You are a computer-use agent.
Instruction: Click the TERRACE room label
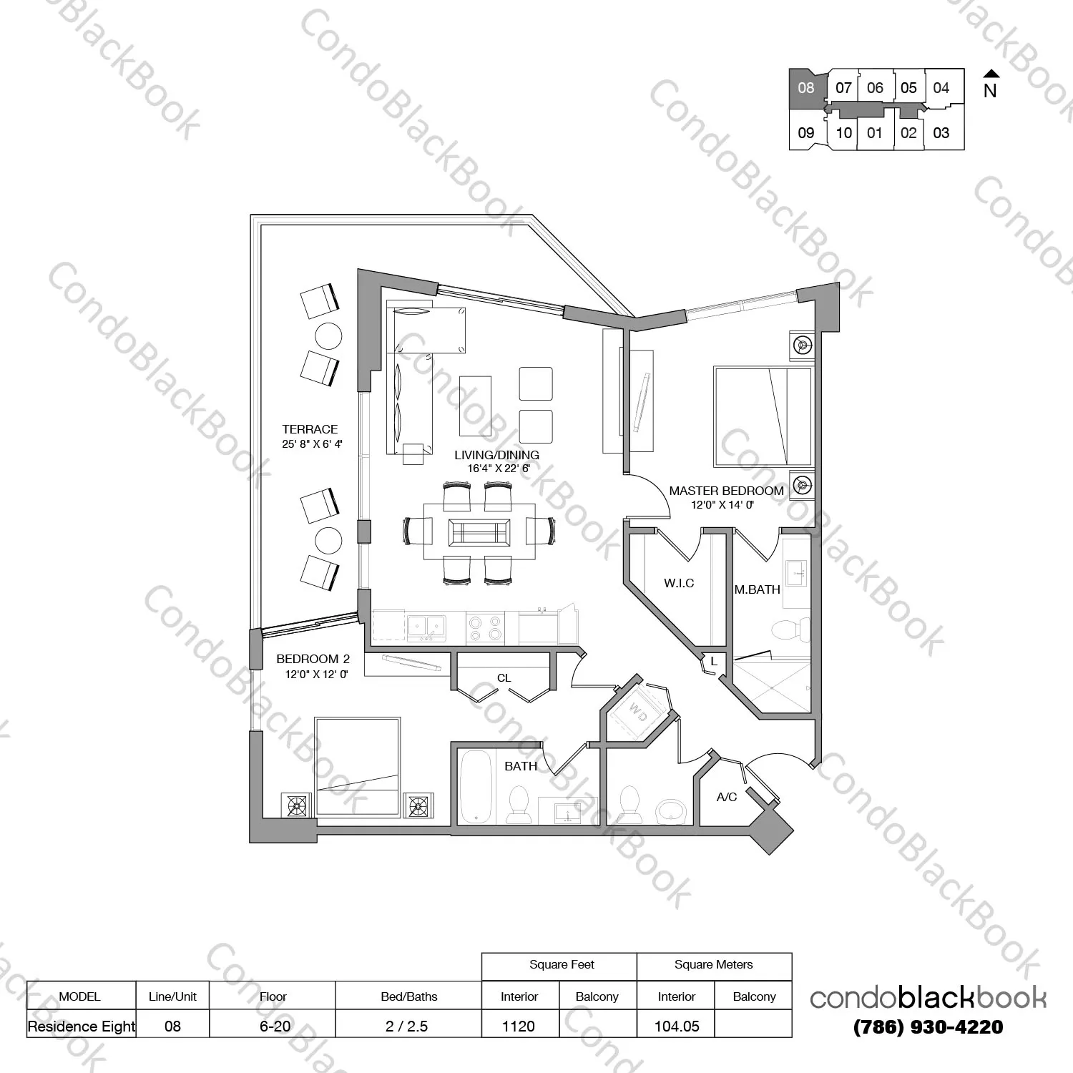coord(310,429)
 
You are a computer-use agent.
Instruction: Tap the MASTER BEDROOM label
coord(726,491)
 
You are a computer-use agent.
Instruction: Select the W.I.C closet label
coord(679,583)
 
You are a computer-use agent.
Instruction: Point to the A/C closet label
coord(727,797)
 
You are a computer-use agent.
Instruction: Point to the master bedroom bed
coord(763,417)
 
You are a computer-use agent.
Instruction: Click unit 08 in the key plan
coord(807,88)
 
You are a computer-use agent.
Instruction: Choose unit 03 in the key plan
coord(941,132)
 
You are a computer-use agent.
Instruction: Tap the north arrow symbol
coord(991,74)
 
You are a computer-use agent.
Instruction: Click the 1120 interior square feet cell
coord(519,1027)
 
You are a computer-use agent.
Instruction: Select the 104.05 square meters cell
coord(677,1027)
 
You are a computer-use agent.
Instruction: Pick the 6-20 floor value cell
coord(275,1027)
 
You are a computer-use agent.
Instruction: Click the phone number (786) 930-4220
coord(929,1027)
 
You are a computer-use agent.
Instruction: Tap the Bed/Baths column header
coord(409,996)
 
